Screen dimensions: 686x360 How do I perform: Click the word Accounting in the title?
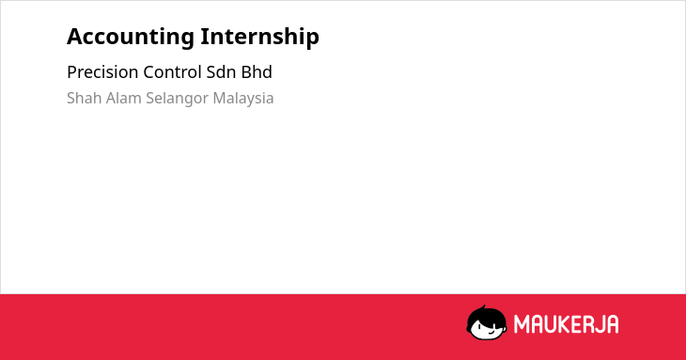pyautogui.click(x=131, y=38)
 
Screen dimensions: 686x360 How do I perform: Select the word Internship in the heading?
pyautogui.click(x=260, y=38)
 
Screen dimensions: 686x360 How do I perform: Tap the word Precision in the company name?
pyautogui.click(x=102, y=72)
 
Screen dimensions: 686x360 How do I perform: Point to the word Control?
pyautogui.click(x=172, y=72)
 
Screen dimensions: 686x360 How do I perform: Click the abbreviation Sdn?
pyautogui.click(x=222, y=72)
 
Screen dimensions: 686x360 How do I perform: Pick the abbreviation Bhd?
pyautogui.click(x=257, y=72)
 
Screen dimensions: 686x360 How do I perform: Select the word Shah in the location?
pyautogui.click(x=85, y=98)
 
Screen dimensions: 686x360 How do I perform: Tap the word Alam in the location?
pyautogui.click(x=124, y=98)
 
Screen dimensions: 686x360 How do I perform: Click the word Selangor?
pyautogui.click(x=178, y=99)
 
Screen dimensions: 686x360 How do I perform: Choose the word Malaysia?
pyautogui.click(x=243, y=99)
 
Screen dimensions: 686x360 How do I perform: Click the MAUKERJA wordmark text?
pyautogui.click(x=566, y=324)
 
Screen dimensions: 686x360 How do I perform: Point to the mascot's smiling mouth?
pyautogui.click(x=491, y=332)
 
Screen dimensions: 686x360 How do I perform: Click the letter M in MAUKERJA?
pyautogui.click(x=521, y=324)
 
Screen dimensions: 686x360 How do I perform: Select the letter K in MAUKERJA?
pyautogui.click(x=563, y=324)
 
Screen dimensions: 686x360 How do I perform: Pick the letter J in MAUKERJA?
pyautogui.click(x=599, y=324)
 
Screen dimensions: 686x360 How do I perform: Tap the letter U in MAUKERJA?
pyautogui.click(x=549, y=324)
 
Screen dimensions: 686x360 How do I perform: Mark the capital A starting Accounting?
pyautogui.click(x=75, y=37)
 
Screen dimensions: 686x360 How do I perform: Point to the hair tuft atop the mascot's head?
pyautogui.click(x=483, y=307)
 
